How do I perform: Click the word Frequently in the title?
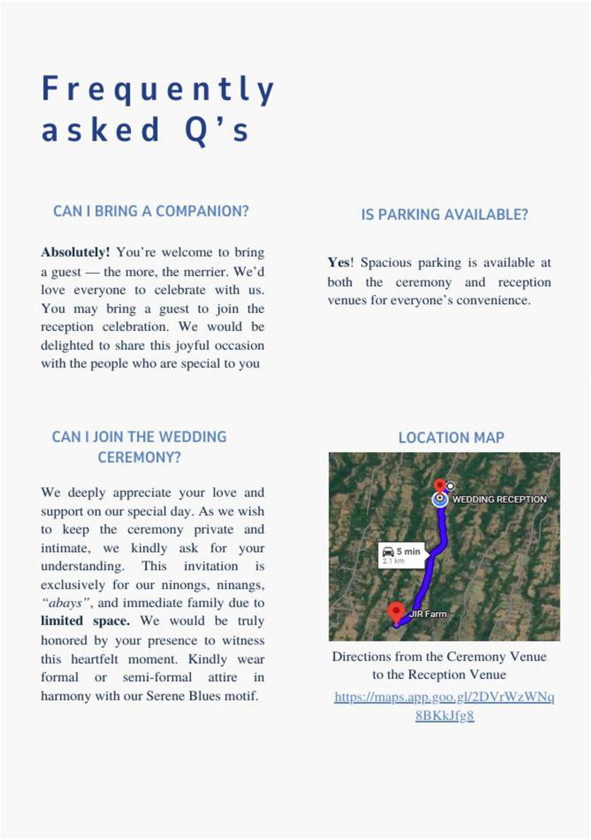point(158,89)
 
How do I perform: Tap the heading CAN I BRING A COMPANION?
point(151,211)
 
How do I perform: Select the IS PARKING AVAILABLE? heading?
point(444,215)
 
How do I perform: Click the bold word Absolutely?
point(75,252)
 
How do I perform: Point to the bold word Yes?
point(339,263)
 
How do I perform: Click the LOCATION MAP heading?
point(451,437)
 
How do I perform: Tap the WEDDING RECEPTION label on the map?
point(499,499)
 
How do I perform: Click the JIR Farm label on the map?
point(428,614)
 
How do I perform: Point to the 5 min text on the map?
point(408,551)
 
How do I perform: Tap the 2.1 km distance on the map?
point(393,561)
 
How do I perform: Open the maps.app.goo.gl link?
point(444,698)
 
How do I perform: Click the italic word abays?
point(65,603)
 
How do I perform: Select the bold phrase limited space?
point(85,621)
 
